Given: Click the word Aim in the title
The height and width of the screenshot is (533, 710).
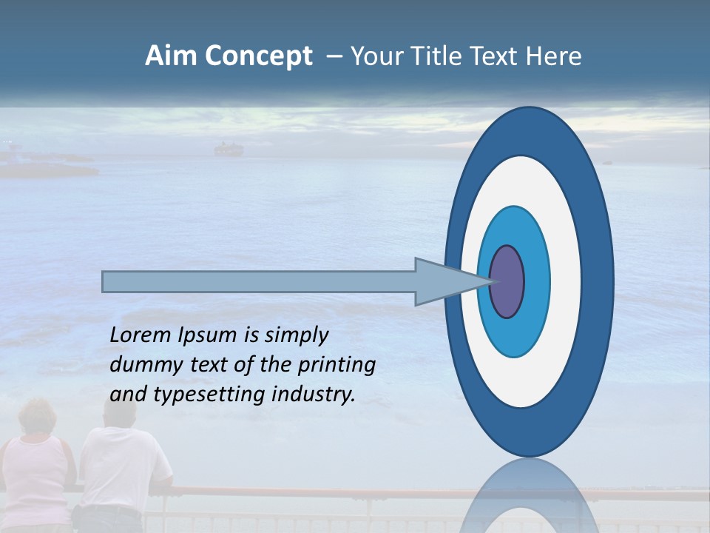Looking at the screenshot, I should tap(171, 56).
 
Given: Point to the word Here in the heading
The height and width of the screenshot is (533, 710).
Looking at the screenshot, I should tap(552, 56).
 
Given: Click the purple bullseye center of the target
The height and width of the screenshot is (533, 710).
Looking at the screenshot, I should tap(507, 281).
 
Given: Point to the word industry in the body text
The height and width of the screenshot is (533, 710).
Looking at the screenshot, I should tap(313, 395).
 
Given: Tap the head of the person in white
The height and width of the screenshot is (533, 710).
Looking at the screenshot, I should tap(118, 414).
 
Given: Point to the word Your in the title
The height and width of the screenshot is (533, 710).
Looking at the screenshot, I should tap(373, 56).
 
